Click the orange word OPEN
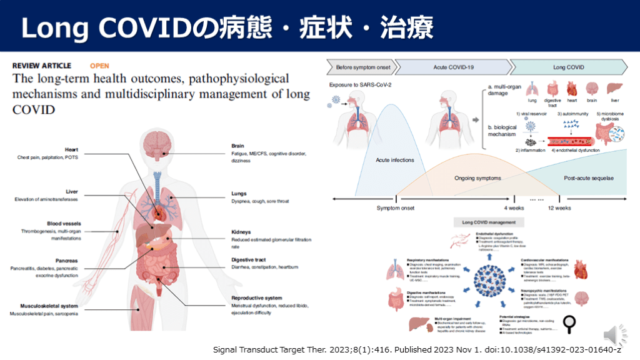point(99,65)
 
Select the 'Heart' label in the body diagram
point(71,149)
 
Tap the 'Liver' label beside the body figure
point(71,191)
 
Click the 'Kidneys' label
point(241,231)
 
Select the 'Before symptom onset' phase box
point(360,67)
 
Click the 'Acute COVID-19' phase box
point(452,67)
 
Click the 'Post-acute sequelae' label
point(588,178)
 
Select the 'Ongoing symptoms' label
point(477,178)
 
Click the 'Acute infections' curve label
point(394,160)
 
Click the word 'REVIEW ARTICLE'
point(42,65)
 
